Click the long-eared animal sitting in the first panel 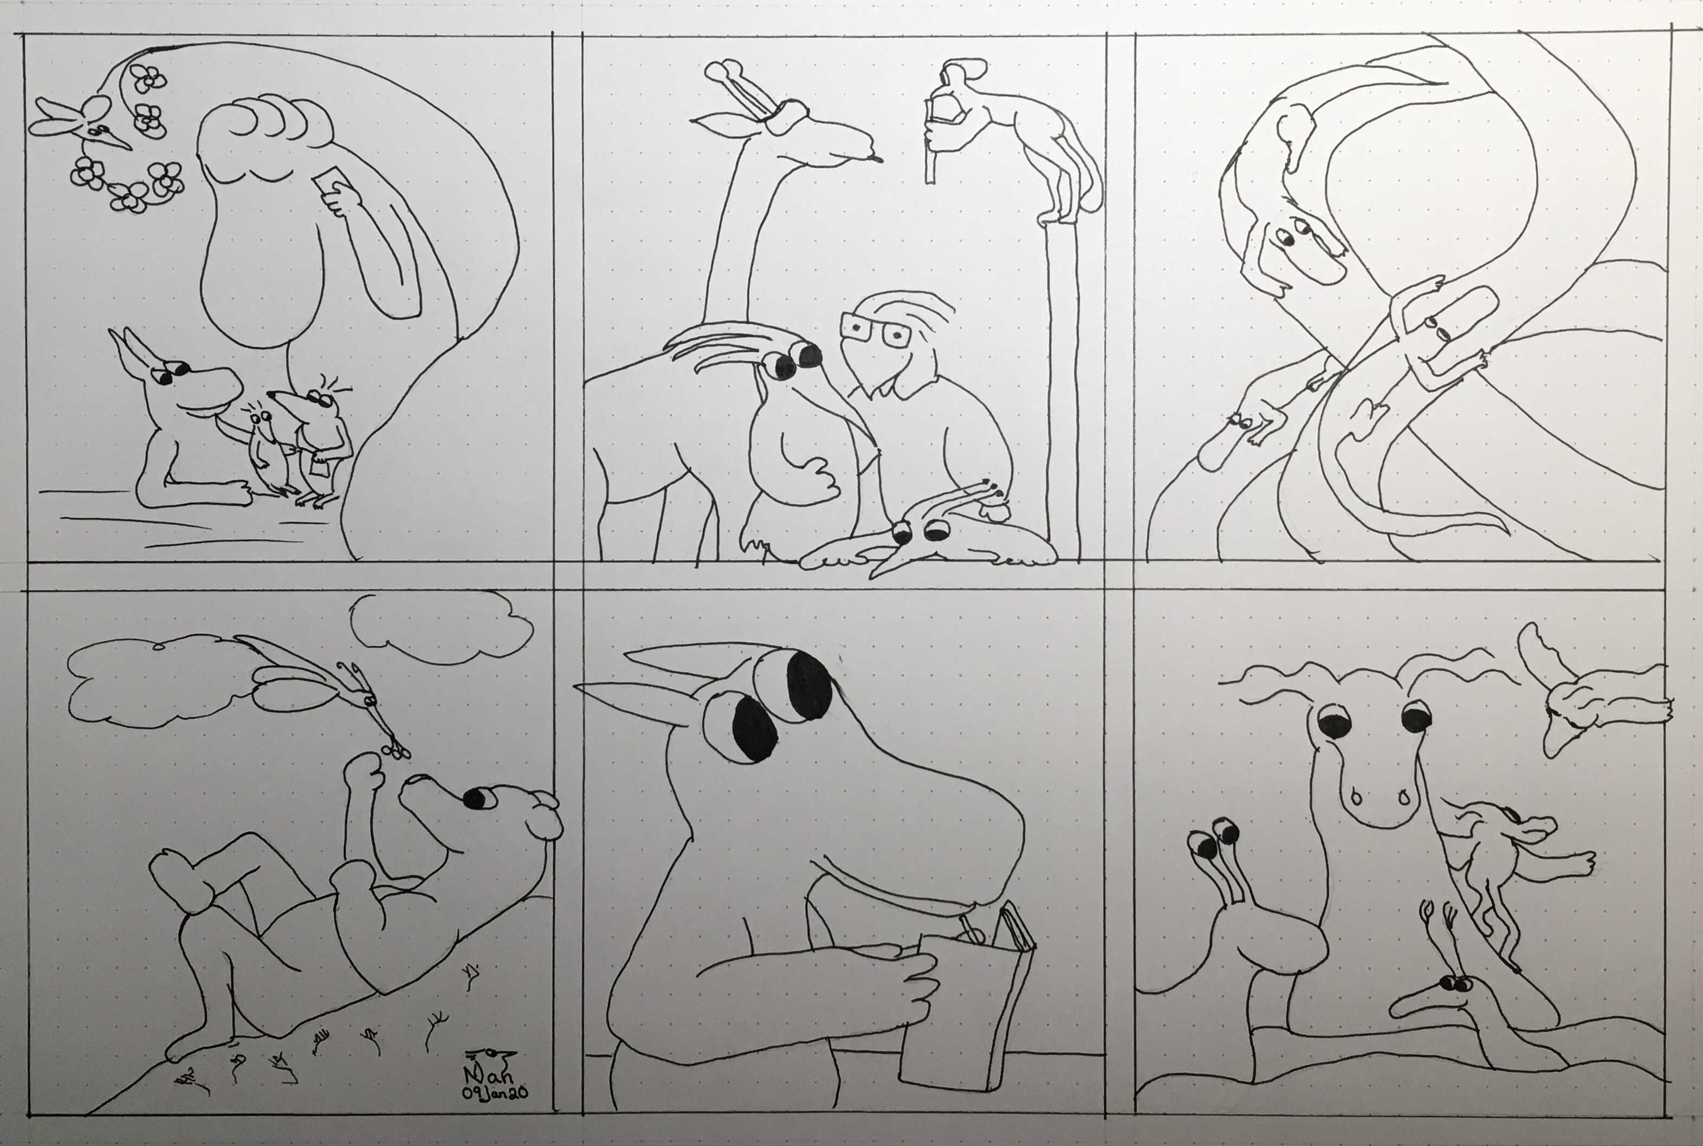point(183,424)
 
